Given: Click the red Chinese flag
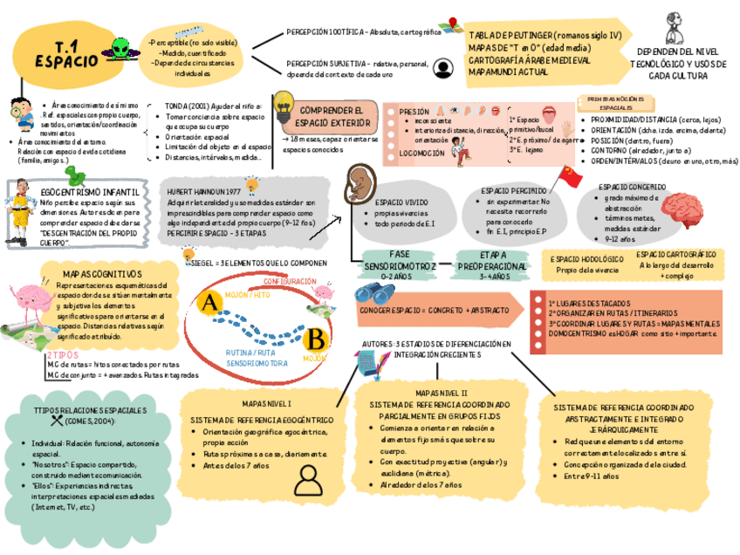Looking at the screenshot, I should pos(571,177).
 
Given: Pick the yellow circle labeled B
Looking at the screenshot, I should pos(316,338).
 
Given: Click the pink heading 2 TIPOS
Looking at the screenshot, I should pos(62,355).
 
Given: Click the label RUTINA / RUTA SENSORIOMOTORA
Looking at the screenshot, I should pos(257,357).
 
